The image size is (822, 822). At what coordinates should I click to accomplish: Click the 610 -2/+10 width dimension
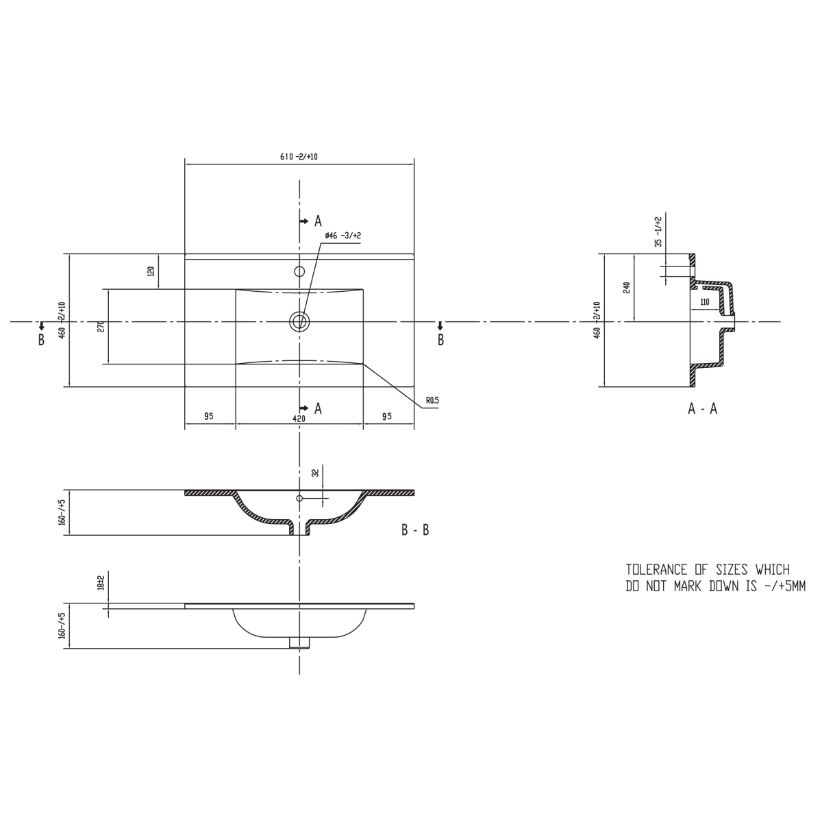[x=299, y=157]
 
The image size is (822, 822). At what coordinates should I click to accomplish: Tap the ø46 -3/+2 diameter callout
[x=342, y=236]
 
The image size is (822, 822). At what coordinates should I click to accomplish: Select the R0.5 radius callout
[x=432, y=401]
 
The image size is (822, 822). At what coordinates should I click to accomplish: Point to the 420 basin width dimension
[x=299, y=419]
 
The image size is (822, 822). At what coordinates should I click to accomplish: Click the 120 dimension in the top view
[x=151, y=271]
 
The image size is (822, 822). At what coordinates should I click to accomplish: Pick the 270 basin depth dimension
[x=101, y=327]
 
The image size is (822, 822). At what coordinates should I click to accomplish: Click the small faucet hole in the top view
[x=299, y=271]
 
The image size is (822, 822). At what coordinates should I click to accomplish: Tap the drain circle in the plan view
[x=299, y=321]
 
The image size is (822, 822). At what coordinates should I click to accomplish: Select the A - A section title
[x=703, y=409]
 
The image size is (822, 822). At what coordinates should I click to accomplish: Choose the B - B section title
[x=416, y=530]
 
